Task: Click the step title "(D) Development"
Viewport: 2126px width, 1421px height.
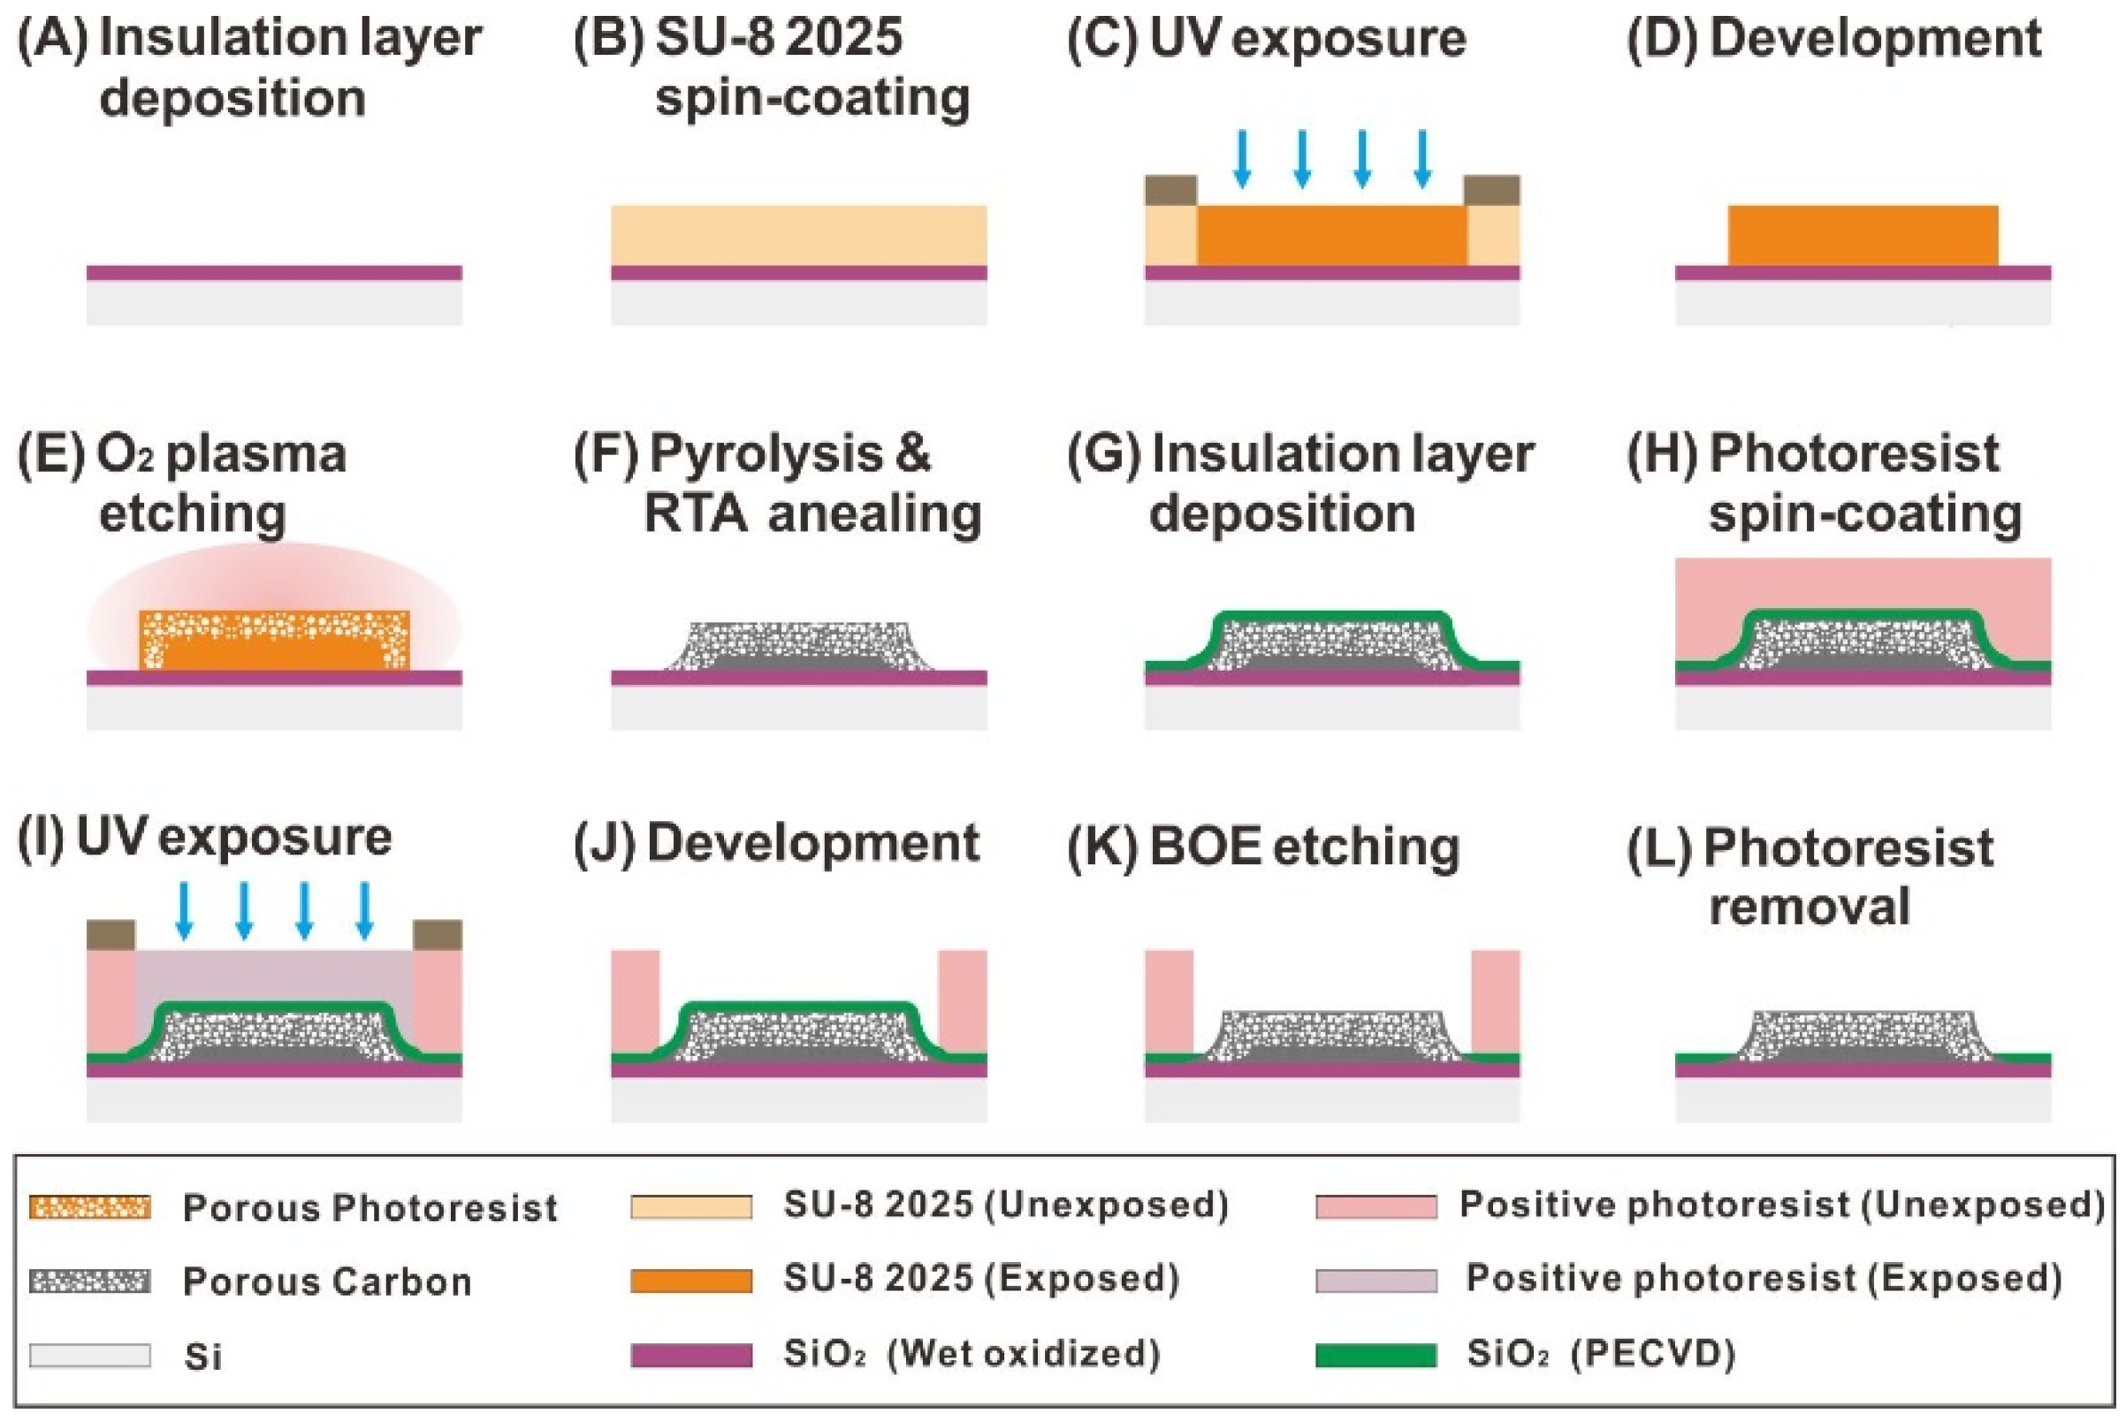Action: (x=1834, y=40)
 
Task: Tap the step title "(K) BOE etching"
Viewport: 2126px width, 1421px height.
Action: (x=1263, y=847)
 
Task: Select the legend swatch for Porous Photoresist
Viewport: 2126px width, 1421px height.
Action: (x=90, y=1207)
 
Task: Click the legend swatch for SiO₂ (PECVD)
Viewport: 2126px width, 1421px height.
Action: (x=1375, y=1355)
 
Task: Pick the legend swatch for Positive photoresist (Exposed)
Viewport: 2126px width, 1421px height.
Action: (x=1375, y=1280)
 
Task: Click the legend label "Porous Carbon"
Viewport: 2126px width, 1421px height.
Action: (x=327, y=1281)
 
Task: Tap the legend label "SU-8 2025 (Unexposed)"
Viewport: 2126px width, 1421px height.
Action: (x=1006, y=1205)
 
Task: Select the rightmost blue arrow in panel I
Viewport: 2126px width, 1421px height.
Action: (x=364, y=909)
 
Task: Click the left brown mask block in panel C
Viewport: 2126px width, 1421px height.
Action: (x=1170, y=190)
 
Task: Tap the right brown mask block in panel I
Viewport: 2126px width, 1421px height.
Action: (x=437, y=934)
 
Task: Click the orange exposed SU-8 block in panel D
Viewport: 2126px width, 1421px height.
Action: (x=1863, y=236)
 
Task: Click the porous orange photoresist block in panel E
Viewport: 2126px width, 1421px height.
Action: (x=274, y=641)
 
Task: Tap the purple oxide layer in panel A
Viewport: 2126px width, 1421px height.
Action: (x=274, y=273)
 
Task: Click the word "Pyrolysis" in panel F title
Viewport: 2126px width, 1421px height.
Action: (x=766, y=453)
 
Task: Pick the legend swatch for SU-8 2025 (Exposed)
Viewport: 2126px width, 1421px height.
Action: (x=690, y=1280)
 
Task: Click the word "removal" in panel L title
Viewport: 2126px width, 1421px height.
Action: (x=1809, y=907)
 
